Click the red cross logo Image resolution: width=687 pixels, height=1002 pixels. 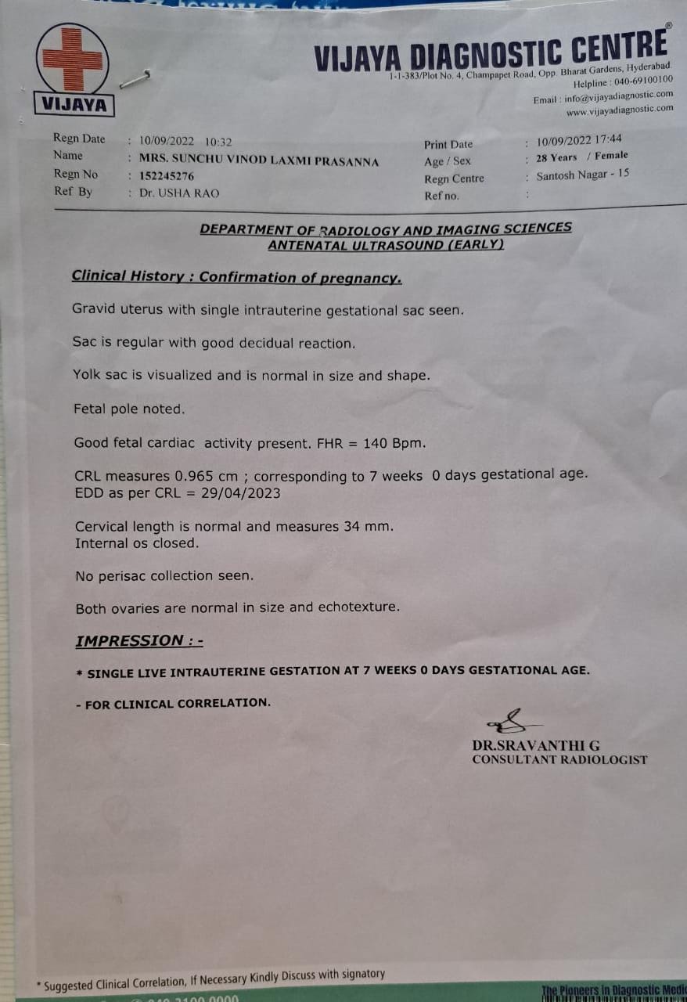(72, 59)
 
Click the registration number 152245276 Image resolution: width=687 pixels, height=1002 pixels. (166, 176)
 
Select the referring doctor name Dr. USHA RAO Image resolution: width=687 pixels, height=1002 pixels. (179, 193)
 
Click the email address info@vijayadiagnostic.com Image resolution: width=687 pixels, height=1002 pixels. (617, 96)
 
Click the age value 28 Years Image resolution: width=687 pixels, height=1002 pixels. (556, 157)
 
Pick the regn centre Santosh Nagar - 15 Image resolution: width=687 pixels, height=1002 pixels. (582, 175)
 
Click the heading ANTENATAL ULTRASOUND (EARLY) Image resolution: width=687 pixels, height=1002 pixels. (386, 245)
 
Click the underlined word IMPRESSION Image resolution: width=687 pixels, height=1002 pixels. (129, 640)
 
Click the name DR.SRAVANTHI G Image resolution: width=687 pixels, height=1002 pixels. (536, 745)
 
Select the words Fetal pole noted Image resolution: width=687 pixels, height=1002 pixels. (129, 409)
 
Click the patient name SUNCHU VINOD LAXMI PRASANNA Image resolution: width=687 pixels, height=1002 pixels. (259, 161)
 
